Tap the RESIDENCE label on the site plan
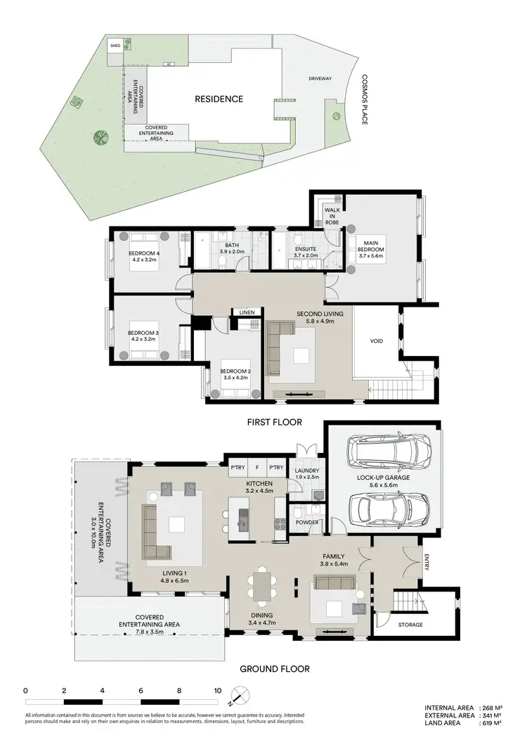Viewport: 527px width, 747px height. click(x=219, y=99)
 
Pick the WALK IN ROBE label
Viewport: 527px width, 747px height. click(x=332, y=216)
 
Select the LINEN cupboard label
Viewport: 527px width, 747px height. click(x=246, y=312)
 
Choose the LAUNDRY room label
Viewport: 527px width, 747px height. click(x=307, y=471)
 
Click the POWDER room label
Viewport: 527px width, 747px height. click(x=308, y=523)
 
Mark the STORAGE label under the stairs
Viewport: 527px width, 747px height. click(x=411, y=625)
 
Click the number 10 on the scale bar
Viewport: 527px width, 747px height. click(x=219, y=691)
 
